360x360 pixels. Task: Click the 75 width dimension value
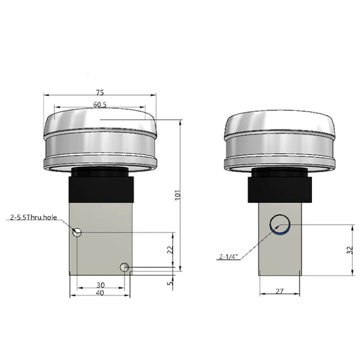[100, 93]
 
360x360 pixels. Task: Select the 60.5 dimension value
[100, 104]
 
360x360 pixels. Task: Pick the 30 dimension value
[100, 285]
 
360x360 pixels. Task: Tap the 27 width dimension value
[280, 290]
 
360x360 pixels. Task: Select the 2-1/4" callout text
[229, 257]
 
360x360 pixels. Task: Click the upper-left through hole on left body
[78, 232]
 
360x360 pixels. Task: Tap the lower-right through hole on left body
[124, 268]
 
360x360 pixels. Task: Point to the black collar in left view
[101, 187]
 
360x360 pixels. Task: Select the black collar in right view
[280, 187]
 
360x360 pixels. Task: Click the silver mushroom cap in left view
[100, 140]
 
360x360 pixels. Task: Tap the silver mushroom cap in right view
[280, 140]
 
